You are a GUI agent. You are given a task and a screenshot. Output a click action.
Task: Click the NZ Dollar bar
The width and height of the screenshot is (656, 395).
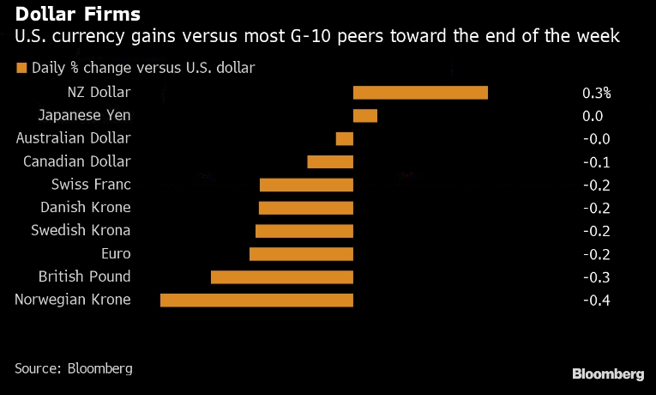[420, 93]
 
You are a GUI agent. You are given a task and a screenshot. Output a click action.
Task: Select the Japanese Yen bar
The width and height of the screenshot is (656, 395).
[365, 116]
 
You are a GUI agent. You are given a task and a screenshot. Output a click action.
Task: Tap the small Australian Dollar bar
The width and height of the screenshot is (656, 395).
[345, 138]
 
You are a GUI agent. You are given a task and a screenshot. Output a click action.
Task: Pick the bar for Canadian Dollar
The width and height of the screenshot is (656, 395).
[330, 161]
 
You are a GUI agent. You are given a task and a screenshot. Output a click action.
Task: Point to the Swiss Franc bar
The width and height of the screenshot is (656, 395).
[306, 185]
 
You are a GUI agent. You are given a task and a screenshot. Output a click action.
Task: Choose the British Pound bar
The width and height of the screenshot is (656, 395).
[282, 276]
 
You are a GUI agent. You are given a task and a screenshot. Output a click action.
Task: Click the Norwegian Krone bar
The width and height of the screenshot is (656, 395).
[256, 300]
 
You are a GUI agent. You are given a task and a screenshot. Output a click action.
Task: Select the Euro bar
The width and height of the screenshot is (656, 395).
[301, 253]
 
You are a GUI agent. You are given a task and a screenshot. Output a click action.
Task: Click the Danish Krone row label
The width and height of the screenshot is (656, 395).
[86, 207]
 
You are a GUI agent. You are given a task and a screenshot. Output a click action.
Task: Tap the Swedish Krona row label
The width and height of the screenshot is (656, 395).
[81, 230]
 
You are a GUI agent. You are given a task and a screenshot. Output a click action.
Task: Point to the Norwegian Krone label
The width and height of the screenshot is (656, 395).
[73, 300]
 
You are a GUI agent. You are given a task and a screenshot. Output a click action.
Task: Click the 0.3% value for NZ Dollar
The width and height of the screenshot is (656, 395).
[597, 93]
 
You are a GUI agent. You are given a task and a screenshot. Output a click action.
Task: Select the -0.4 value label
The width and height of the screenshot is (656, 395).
[596, 300]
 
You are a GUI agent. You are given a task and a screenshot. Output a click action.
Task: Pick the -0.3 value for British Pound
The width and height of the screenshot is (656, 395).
[596, 276]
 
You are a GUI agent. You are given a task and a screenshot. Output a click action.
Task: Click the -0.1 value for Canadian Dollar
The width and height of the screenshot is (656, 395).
[596, 161]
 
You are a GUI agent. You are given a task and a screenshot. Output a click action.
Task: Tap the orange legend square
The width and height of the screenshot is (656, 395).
[21, 68]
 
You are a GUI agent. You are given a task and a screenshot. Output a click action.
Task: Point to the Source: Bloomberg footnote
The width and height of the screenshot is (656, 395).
[74, 368]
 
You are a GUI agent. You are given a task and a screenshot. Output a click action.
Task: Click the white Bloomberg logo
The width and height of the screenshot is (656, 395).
[608, 374]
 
